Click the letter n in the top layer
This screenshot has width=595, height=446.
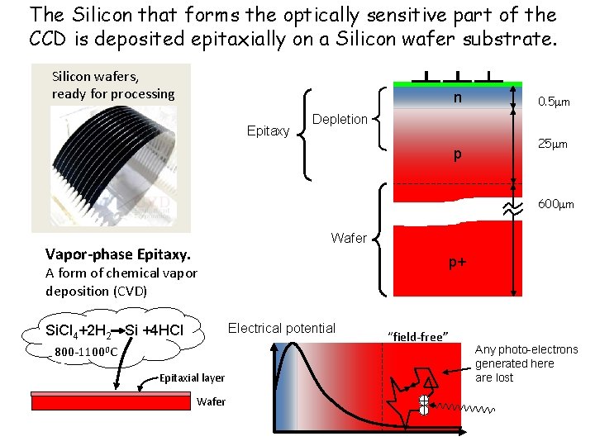pyautogui.click(x=455, y=99)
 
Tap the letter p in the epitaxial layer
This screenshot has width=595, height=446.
pyautogui.click(x=456, y=155)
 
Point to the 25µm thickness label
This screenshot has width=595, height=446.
pyautogui.click(x=553, y=144)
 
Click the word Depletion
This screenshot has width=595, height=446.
pyautogui.click(x=340, y=119)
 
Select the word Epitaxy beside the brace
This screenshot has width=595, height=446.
pyautogui.click(x=268, y=130)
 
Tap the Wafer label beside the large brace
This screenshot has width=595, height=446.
pyautogui.click(x=348, y=238)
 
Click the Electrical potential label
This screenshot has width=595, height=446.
pyautogui.click(x=281, y=328)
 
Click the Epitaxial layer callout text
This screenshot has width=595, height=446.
pyautogui.click(x=192, y=377)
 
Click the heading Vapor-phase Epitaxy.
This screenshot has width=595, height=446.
pyautogui.click(x=118, y=255)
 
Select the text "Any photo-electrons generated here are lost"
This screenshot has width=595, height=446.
pyautogui.click(x=526, y=363)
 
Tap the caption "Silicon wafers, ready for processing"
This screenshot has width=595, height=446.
pyautogui.click(x=113, y=85)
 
